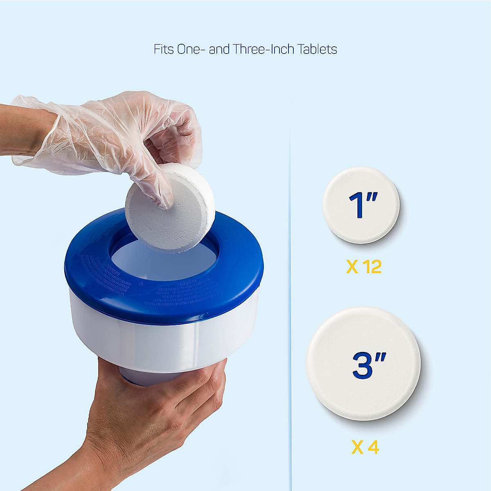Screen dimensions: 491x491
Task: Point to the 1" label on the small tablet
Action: [x=363, y=205]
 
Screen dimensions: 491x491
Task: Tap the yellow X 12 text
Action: [x=364, y=267]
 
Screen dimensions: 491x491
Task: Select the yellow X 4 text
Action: [x=365, y=448]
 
